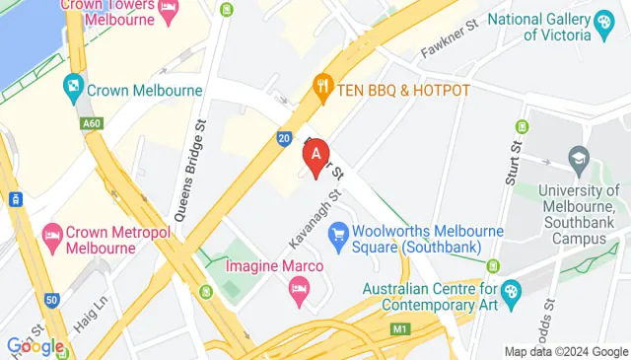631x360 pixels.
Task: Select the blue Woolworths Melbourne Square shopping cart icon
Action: click(339, 233)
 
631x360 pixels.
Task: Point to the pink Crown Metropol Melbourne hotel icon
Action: click(52, 236)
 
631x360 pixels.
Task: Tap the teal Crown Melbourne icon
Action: click(72, 89)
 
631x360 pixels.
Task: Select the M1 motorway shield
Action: click(398, 328)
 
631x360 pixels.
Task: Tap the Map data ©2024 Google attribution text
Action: click(565, 351)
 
